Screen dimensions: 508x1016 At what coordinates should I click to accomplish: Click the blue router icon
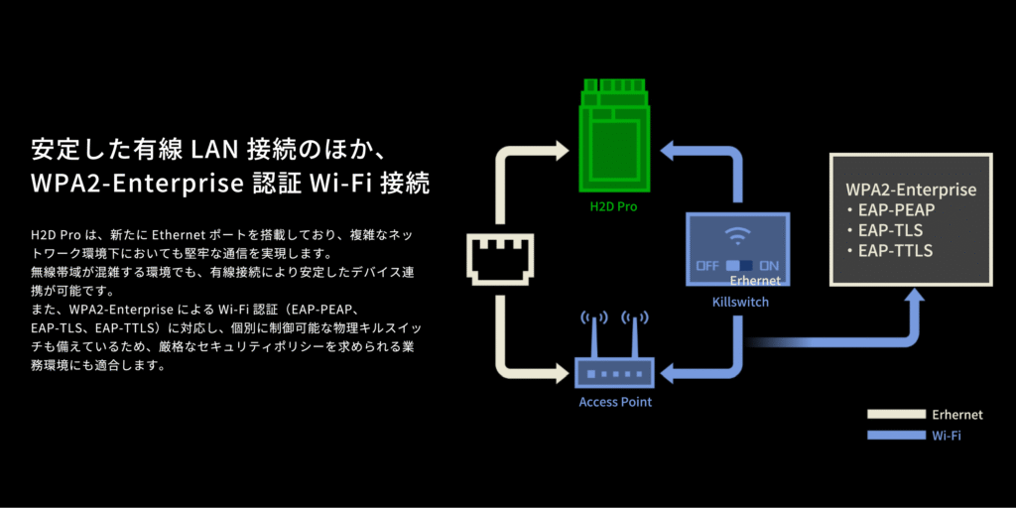614,372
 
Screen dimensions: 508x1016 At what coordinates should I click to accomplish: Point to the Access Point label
615,402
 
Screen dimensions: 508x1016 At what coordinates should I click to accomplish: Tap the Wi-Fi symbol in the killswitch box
736,236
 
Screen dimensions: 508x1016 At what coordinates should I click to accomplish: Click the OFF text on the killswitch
706,266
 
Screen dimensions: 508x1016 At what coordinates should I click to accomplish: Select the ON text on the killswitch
769,266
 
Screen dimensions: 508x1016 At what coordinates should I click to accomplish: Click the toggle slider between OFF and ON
739,266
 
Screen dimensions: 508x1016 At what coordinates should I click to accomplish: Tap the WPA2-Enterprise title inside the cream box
911,190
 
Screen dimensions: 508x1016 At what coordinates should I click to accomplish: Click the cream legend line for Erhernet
895,414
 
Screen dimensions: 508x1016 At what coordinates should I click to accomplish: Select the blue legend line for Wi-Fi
895,435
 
